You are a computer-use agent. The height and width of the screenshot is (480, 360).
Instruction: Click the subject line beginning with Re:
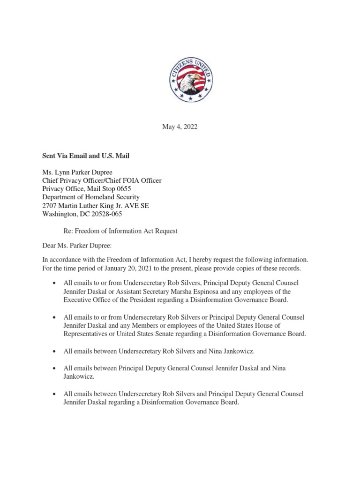click(x=120, y=231)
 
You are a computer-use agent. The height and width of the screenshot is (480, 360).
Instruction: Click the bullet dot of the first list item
click(x=56, y=284)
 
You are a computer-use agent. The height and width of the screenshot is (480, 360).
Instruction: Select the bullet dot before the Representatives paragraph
click(x=56, y=317)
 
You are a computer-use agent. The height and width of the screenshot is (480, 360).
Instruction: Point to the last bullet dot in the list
click(x=56, y=394)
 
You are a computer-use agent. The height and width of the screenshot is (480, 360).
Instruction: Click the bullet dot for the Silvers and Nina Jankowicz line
click(x=56, y=351)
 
